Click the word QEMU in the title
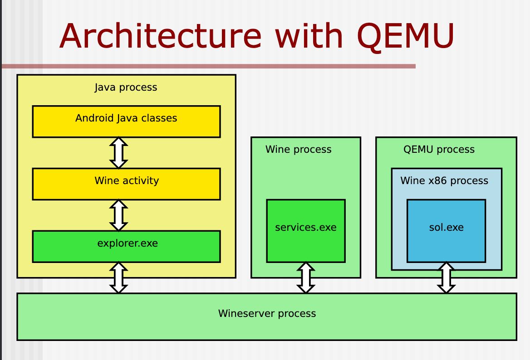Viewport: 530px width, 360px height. (405, 37)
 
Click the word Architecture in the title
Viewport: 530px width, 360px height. (161, 36)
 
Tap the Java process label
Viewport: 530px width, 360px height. (126, 88)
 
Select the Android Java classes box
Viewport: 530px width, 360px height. (127, 122)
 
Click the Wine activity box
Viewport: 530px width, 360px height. (127, 184)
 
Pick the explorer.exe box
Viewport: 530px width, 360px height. (127, 247)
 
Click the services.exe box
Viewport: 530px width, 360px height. (306, 231)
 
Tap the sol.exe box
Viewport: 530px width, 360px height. (446, 231)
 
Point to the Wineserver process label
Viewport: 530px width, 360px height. (267, 313)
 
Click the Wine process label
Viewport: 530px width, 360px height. (299, 149)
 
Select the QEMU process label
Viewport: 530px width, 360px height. (439, 149)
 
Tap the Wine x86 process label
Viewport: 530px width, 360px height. (445, 180)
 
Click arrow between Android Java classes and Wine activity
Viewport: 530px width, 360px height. (118, 153)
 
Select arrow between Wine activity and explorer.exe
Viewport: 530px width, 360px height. (118, 215)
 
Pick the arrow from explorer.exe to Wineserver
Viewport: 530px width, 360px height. (118, 277)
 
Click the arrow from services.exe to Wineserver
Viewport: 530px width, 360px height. (306, 277)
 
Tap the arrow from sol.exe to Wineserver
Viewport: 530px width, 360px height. (446, 277)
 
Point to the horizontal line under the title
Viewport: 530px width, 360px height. (209, 66)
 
